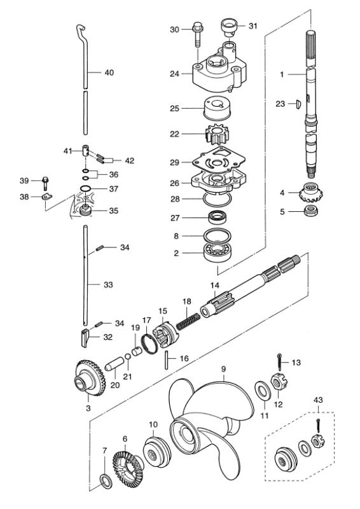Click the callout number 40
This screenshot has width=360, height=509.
pos(109,73)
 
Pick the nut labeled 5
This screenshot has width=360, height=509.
pos(311,211)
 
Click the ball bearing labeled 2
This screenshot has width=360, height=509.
pos(218,252)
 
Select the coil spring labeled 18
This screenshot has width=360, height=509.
pos(188,320)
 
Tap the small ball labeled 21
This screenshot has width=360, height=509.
pos(128,356)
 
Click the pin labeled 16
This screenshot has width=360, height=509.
pos(167,360)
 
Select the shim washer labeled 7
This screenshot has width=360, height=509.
pos(106,481)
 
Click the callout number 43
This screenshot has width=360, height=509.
pos(318,400)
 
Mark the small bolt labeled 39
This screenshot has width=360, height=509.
pos(45,183)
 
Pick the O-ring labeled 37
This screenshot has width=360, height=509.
pos(86,189)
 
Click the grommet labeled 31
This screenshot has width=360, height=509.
pos(229,26)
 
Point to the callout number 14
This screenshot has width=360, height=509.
pos(214,285)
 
